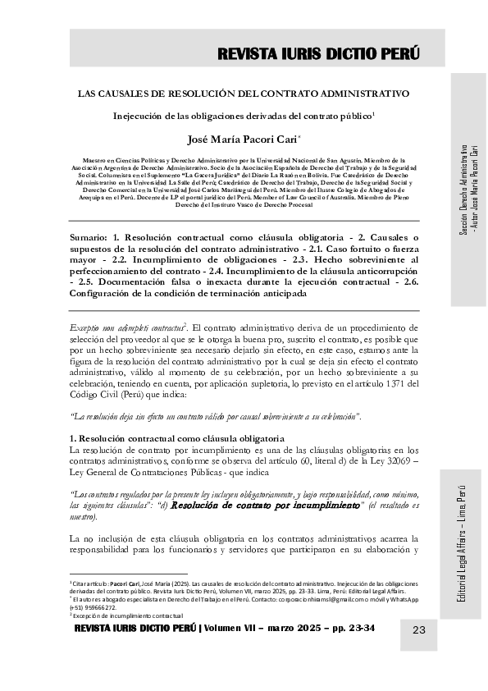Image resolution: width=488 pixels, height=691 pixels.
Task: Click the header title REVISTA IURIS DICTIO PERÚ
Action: [318, 54]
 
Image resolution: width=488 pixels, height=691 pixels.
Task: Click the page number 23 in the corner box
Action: [418, 630]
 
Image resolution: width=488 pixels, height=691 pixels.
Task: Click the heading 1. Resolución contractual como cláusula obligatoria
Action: [177, 437]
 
